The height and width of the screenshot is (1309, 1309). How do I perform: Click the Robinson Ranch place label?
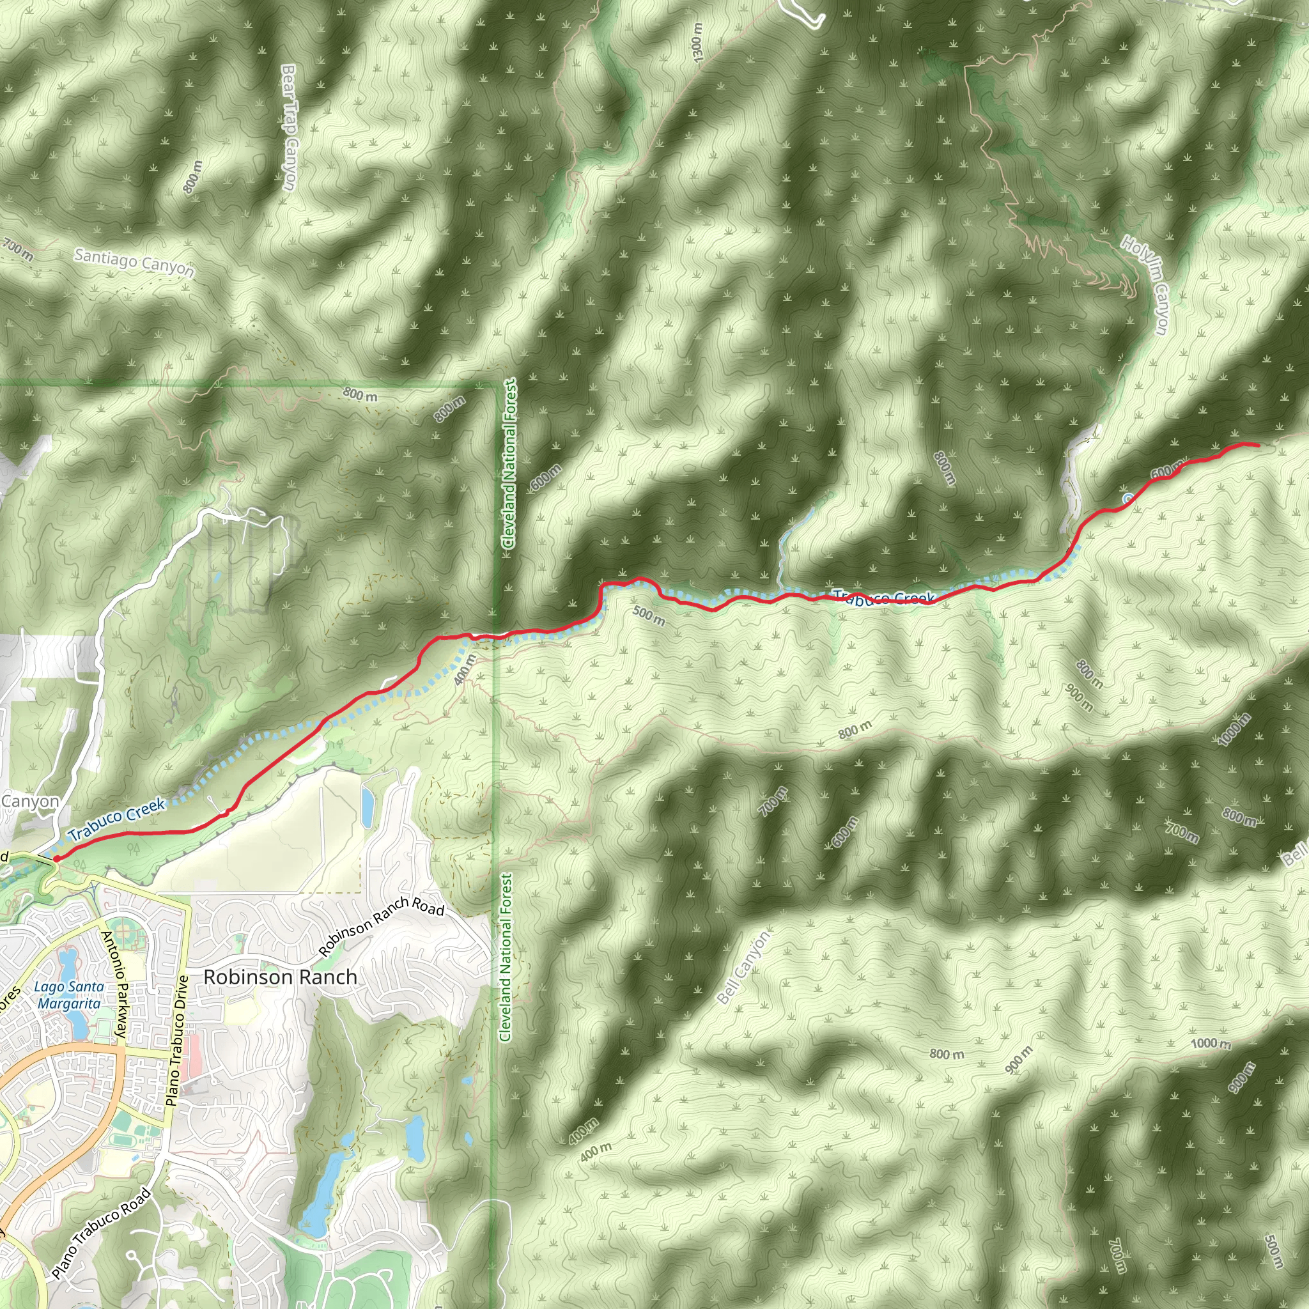(280, 977)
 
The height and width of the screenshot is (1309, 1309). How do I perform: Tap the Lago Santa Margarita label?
(69, 995)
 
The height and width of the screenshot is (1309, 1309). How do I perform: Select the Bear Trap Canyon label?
(289, 127)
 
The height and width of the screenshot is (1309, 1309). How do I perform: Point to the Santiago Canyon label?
(134, 263)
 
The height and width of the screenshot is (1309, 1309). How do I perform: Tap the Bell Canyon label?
(743, 967)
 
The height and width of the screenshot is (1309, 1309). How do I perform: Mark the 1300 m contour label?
(698, 42)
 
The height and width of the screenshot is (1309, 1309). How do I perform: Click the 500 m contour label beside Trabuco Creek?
(648, 616)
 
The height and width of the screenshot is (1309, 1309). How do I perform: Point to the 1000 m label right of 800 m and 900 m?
(1211, 1043)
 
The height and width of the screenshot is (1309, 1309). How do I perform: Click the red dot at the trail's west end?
(56, 858)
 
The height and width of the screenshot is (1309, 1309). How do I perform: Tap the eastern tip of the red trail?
(1257, 444)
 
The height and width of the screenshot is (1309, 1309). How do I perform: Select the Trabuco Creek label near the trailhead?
(117, 819)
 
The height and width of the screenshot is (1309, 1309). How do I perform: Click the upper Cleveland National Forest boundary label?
(509, 463)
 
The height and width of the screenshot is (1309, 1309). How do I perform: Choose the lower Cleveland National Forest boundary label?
(506, 957)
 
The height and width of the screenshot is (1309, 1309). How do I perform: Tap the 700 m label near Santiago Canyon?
(17, 249)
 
